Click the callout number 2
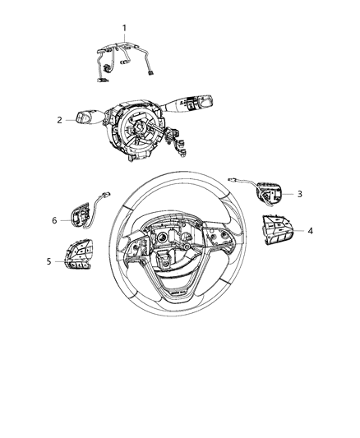click(60, 120)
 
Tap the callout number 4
click(310, 231)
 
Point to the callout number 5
click(48, 260)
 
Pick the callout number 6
click(54, 220)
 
